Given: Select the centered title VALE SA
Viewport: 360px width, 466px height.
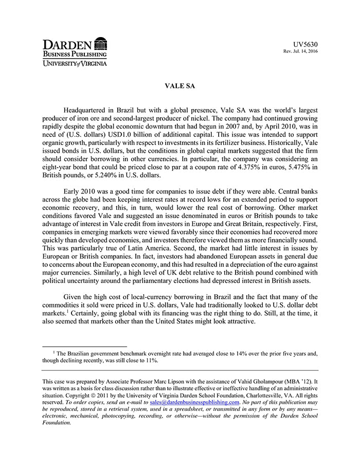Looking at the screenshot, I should click(179, 86).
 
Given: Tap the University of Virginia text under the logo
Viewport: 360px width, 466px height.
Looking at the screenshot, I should click(75, 63).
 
